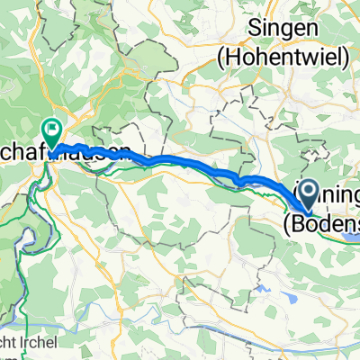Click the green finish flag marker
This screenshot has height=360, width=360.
[51, 133]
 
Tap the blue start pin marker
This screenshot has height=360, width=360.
[307, 191]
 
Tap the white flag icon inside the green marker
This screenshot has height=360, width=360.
[51, 130]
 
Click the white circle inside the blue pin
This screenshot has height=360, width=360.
[307, 187]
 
